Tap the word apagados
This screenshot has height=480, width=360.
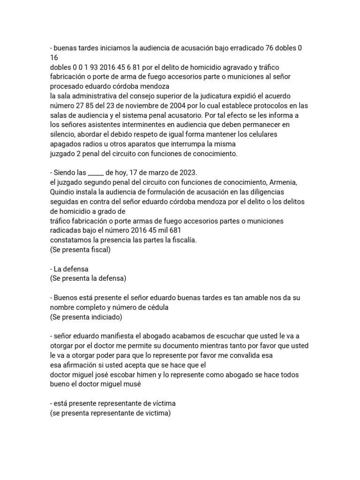[66, 144]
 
